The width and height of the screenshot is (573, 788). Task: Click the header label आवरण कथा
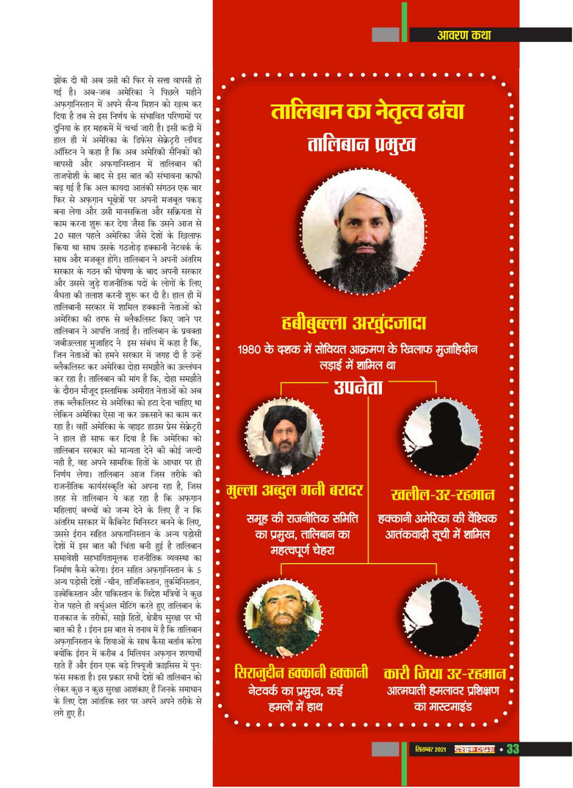point(464,35)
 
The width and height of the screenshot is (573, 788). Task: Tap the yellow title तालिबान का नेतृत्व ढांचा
point(367,112)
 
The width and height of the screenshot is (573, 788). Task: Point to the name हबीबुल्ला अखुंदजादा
point(354,323)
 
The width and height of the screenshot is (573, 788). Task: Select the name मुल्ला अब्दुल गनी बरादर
point(295,490)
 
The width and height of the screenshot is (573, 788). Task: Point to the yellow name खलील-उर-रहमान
point(443,494)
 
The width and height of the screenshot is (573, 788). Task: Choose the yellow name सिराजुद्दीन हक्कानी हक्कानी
point(301,672)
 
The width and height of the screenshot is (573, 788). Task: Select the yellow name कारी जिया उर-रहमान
point(444,673)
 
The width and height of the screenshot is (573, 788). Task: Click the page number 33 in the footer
point(512,749)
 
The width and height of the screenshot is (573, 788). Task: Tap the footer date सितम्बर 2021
point(431,750)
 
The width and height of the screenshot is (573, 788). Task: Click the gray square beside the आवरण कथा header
point(385,35)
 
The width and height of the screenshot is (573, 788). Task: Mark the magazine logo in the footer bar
point(474,750)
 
